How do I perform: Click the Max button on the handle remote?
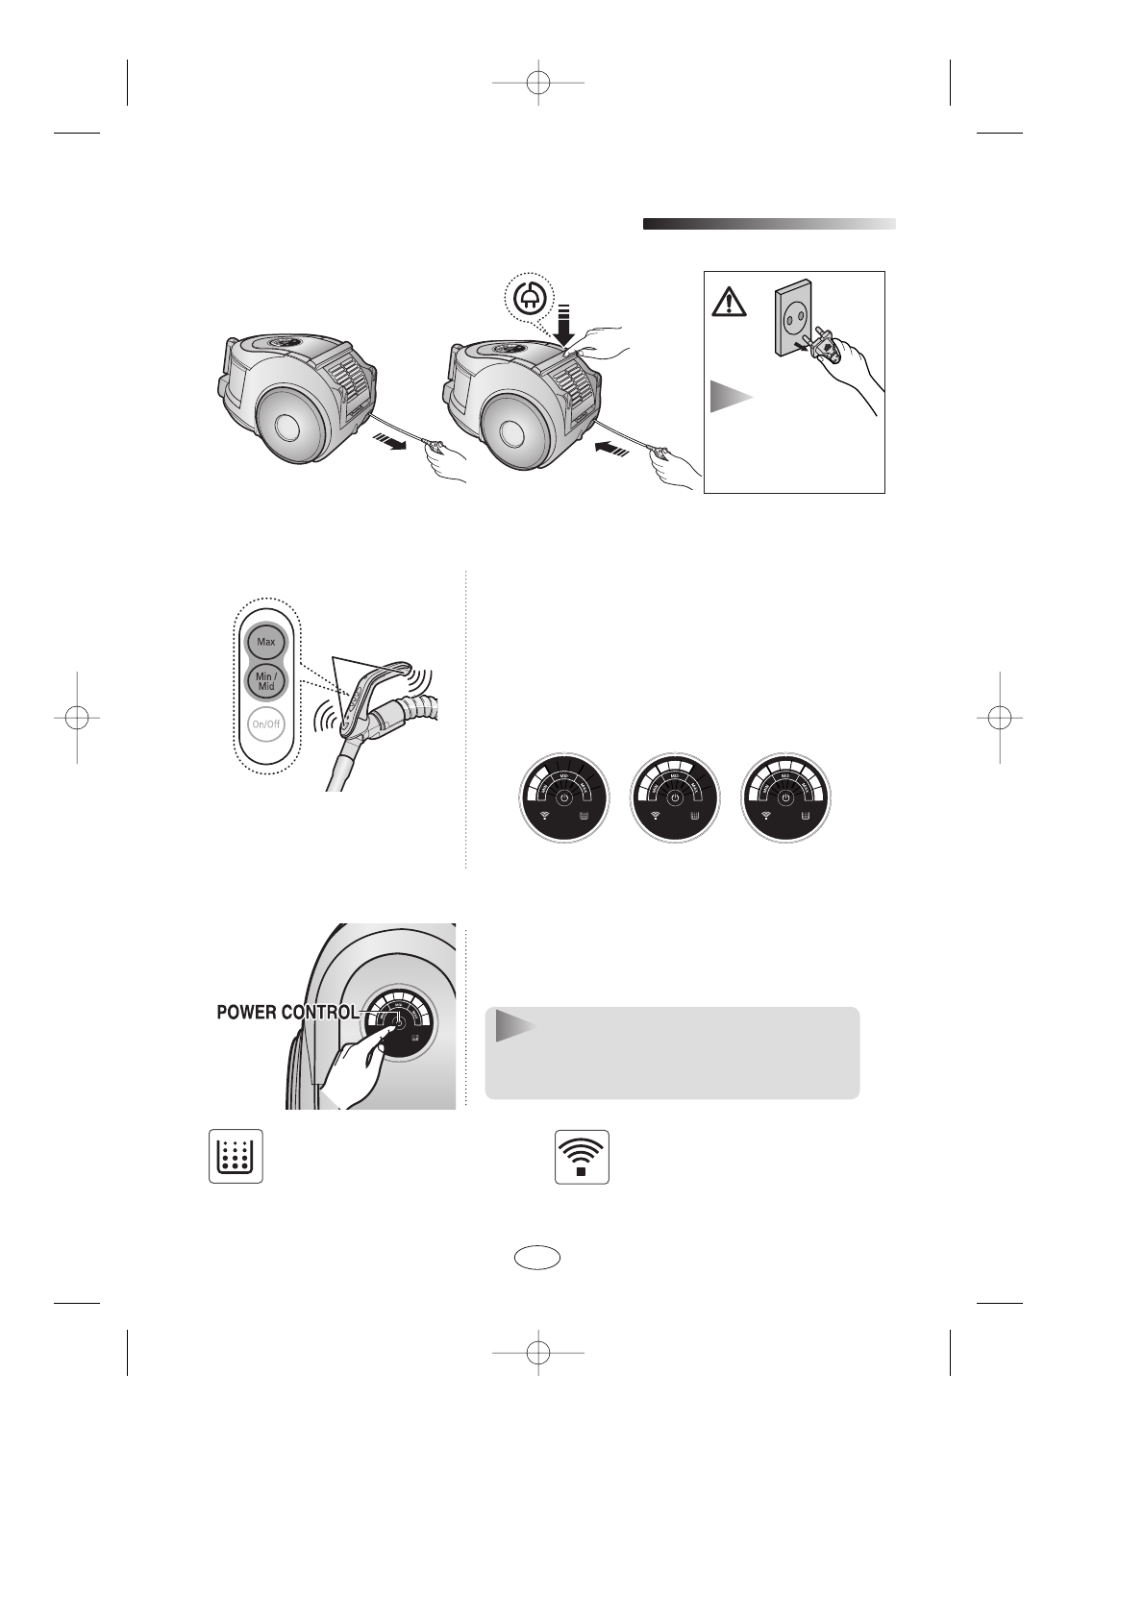[x=266, y=641]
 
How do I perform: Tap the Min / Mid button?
[x=266, y=681]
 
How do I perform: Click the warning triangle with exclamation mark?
[x=729, y=304]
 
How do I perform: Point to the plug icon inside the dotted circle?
[x=528, y=299]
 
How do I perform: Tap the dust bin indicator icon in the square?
[x=236, y=1156]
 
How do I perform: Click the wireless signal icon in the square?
[x=582, y=1156]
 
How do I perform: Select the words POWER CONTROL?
[x=287, y=1012]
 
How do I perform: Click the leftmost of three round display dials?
[x=564, y=799]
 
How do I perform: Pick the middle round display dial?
[x=675, y=799]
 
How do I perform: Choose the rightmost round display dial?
[x=786, y=799]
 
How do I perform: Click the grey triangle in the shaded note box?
[x=514, y=1026]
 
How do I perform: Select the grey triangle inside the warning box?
[x=730, y=396]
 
